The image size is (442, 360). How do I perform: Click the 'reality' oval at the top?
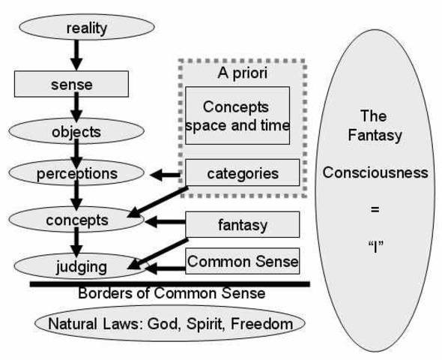click(87, 28)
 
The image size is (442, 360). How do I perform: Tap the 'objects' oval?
click(76, 132)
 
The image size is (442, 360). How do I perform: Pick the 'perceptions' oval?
click(77, 174)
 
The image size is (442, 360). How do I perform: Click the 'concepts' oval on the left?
click(76, 220)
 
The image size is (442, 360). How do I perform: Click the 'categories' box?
click(242, 174)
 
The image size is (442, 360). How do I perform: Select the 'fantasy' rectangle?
click(242, 224)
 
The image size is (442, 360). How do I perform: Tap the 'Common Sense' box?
click(242, 262)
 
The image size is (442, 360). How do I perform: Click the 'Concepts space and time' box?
click(237, 115)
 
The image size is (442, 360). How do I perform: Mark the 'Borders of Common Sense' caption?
click(171, 293)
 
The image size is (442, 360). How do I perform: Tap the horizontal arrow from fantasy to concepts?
click(164, 223)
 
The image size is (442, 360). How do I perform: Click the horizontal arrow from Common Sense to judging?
click(165, 267)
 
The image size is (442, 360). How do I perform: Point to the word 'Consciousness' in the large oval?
click(375, 172)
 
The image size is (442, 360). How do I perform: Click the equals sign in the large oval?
click(375, 209)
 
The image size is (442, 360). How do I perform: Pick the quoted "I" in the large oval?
click(375, 245)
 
